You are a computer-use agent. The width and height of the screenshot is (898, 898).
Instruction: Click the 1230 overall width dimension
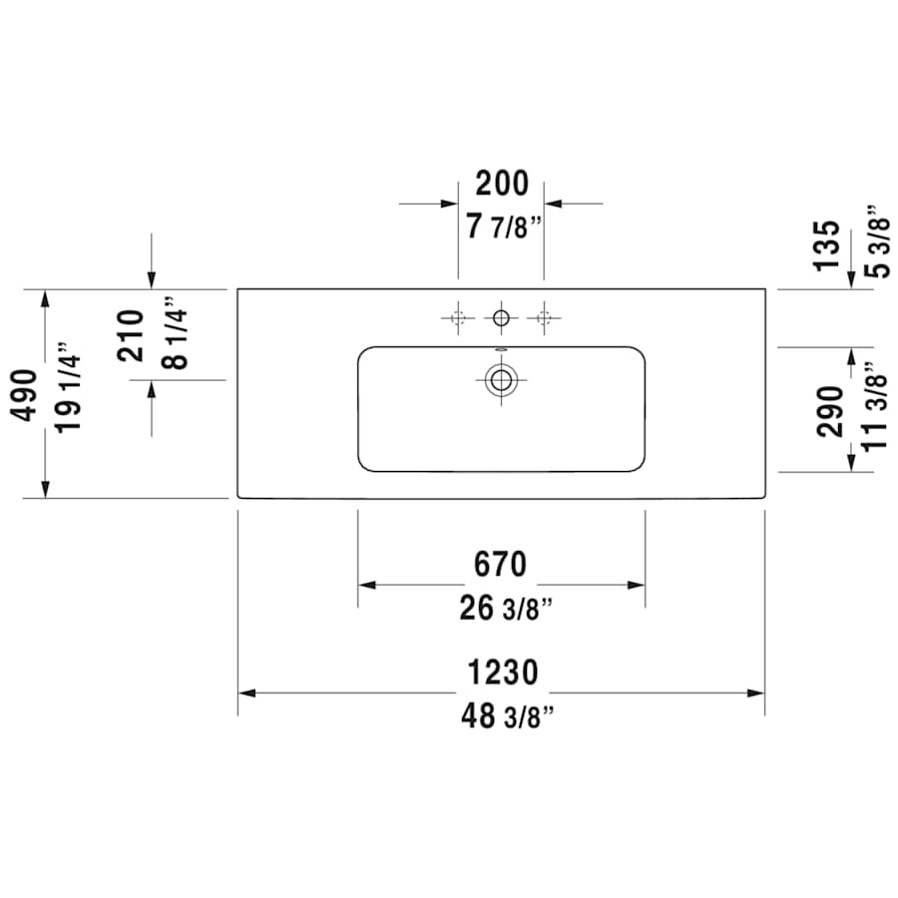tap(503, 673)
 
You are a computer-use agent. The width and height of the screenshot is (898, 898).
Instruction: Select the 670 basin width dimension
tap(501, 565)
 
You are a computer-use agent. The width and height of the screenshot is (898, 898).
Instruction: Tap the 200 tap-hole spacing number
tap(501, 185)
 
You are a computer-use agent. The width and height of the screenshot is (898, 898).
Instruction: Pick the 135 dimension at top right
tap(827, 245)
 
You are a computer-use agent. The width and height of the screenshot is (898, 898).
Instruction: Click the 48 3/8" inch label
tap(508, 716)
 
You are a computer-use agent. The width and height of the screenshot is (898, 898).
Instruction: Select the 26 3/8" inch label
tap(506, 609)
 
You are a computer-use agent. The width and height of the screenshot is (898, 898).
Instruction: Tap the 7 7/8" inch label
tap(503, 227)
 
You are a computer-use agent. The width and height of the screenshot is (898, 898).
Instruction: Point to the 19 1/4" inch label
tap(69, 391)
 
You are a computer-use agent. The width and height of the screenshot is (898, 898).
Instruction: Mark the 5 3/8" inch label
tap(874, 242)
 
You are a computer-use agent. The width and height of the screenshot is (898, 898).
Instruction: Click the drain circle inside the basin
tap(501, 379)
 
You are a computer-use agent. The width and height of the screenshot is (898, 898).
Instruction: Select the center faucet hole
tap(501, 318)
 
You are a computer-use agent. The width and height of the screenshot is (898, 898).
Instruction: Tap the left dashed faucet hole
tap(458, 318)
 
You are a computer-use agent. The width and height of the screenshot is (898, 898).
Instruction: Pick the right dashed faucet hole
tap(544, 318)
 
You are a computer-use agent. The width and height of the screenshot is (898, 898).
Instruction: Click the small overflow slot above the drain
tap(501, 350)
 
